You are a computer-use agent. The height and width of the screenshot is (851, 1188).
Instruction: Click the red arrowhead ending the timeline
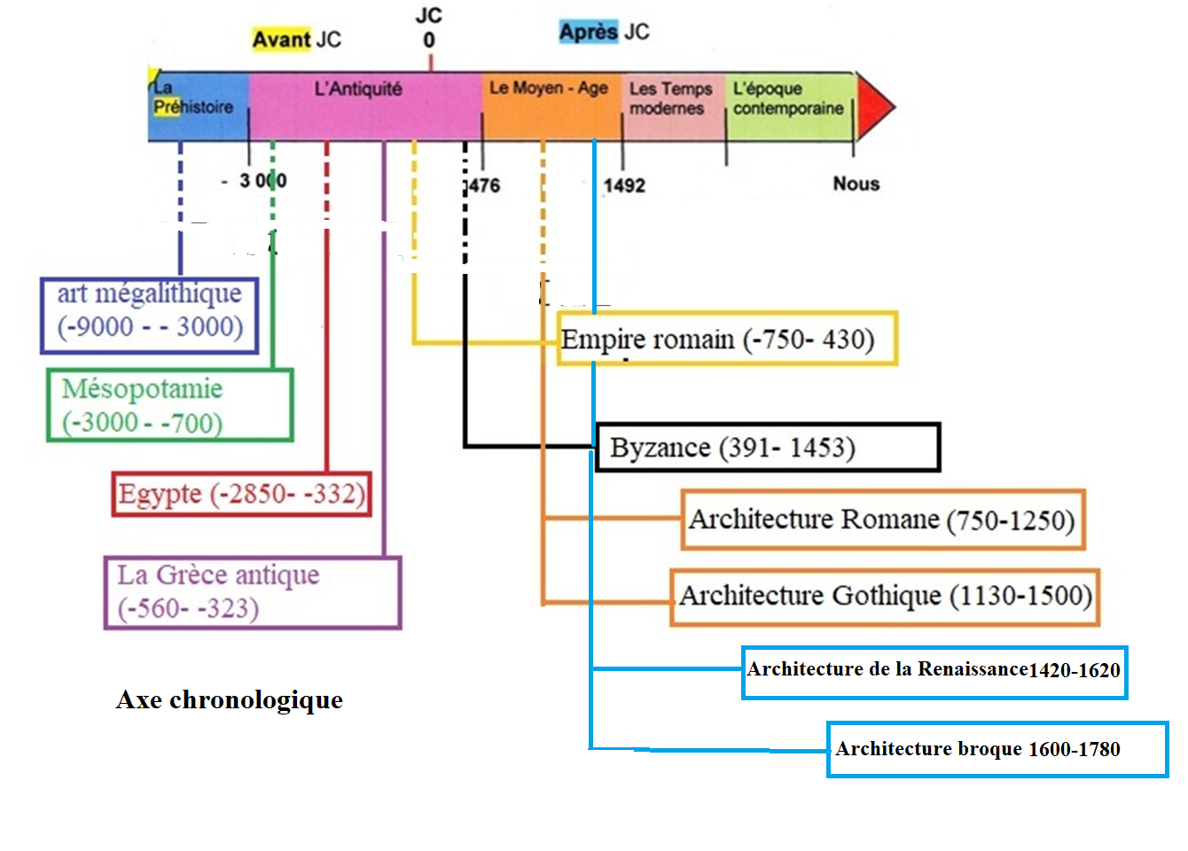pyautogui.click(x=874, y=106)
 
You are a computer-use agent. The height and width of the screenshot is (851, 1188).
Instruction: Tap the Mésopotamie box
pyautogui.click(x=169, y=405)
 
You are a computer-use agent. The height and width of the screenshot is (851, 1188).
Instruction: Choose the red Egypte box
pyautogui.click(x=241, y=494)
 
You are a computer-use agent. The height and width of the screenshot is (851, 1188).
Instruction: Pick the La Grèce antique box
pyautogui.click(x=253, y=592)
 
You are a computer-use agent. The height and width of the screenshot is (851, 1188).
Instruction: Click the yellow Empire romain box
pyautogui.click(x=727, y=339)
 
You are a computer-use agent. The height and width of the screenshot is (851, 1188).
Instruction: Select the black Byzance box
pyautogui.click(x=767, y=447)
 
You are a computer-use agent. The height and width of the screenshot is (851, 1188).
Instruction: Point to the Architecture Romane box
pyautogui.click(x=882, y=519)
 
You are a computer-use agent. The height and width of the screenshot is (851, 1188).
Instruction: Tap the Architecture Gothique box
pyautogui.click(x=885, y=597)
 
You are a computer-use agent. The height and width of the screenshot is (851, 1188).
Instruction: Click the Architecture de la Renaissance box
pyautogui.click(x=934, y=672)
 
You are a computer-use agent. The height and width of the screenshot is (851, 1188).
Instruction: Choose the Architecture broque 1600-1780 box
pyautogui.click(x=997, y=749)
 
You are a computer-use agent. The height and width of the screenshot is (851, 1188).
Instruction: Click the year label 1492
pyautogui.click(x=624, y=185)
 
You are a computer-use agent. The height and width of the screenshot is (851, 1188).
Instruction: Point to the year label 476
pyautogui.click(x=484, y=185)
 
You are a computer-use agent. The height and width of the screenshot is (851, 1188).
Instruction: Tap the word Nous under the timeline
pyautogui.click(x=856, y=183)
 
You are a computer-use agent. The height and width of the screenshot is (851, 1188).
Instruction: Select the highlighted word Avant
pyautogui.click(x=281, y=39)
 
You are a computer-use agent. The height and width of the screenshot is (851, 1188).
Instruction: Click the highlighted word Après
pyautogui.click(x=589, y=32)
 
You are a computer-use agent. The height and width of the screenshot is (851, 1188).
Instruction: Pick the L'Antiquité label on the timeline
pyautogui.click(x=358, y=89)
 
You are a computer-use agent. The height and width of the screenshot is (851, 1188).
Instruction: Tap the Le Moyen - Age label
pyautogui.click(x=549, y=88)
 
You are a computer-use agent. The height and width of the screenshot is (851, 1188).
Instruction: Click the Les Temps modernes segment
pyautogui.click(x=671, y=99)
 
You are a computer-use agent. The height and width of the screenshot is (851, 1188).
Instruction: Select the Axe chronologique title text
pyautogui.click(x=229, y=699)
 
